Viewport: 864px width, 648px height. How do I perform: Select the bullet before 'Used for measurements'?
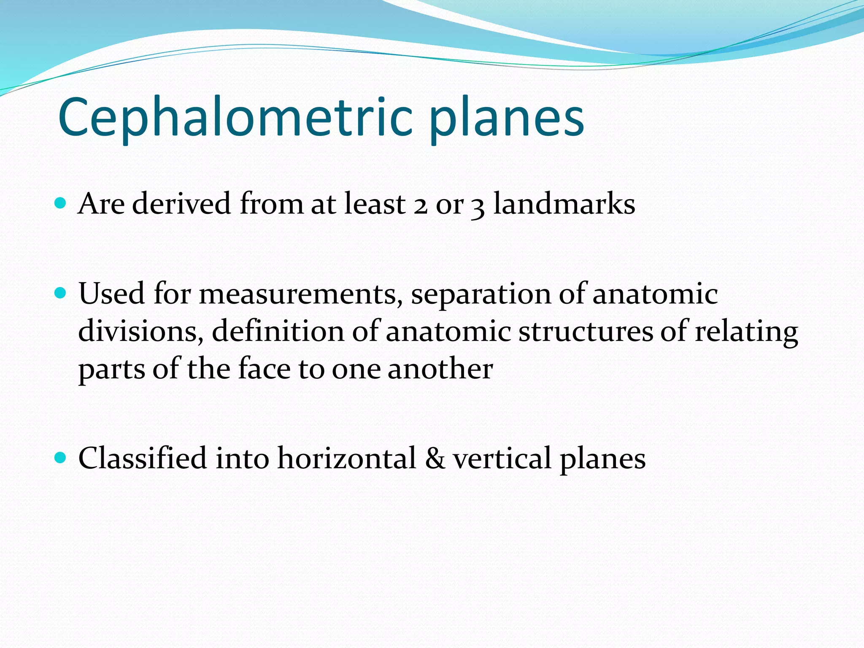(x=61, y=293)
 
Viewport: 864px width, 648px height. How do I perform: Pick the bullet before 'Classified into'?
(x=61, y=457)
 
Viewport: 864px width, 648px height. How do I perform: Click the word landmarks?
(x=564, y=204)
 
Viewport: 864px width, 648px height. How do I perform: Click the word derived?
(x=182, y=204)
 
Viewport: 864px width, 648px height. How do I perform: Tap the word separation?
(x=481, y=294)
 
